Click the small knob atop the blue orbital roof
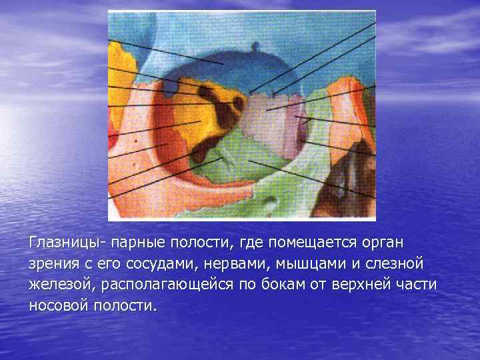pyautogui.click(x=255, y=47)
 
